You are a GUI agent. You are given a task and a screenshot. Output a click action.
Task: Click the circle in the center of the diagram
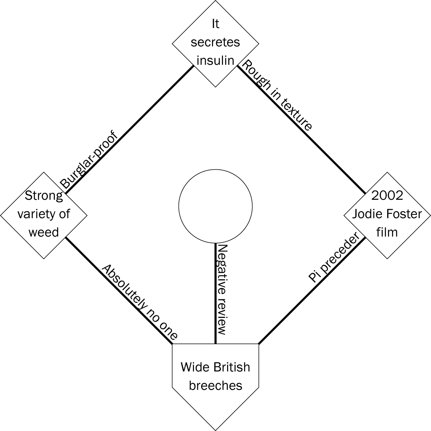pyautogui.click(x=215, y=206)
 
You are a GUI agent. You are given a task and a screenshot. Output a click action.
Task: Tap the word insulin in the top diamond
pyautogui.click(x=215, y=60)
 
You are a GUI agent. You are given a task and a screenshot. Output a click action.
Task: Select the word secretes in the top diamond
pyautogui.click(x=215, y=42)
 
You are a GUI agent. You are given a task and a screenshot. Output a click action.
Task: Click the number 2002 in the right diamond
pyautogui.click(x=387, y=195)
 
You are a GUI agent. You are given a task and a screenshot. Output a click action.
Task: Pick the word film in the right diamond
pyautogui.click(x=387, y=232)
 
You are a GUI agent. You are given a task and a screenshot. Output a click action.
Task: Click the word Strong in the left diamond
pyautogui.click(x=44, y=195)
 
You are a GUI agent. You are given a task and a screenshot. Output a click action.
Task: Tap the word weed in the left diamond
pyautogui.click(x=44, y=232)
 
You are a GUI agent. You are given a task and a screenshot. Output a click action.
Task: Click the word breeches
pyautogui.click(x=215, y=385)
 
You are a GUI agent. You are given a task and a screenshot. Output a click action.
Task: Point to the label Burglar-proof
pyautogui.click(x=89, y=160)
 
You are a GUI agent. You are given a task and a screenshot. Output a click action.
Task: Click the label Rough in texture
pyautogui.click(x=276, y=95)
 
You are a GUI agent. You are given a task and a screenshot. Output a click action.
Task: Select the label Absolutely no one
pyautogui.click(x=139, y=302)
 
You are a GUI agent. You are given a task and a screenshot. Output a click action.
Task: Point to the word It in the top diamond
pyautogui.click(x=215, y=24)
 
